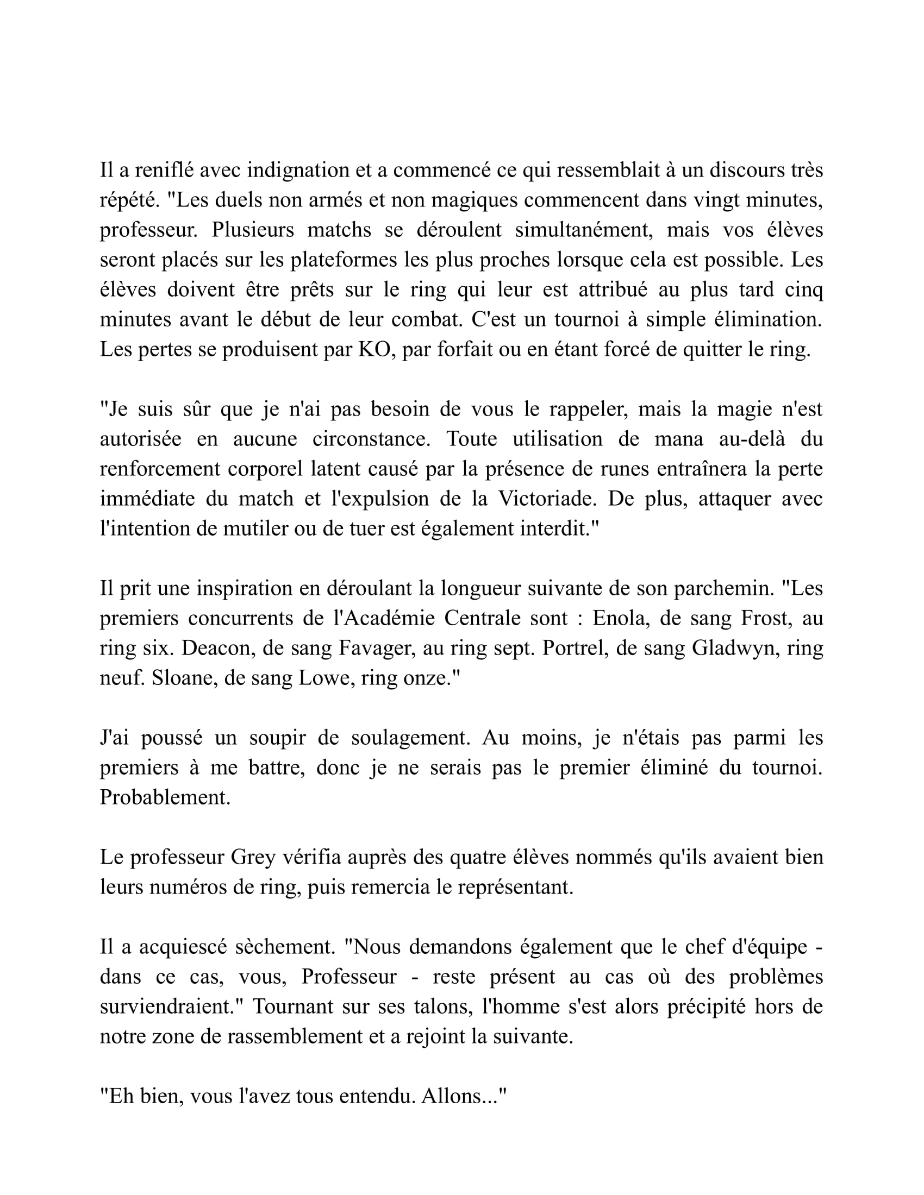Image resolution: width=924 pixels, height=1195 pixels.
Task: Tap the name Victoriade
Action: [546, 499]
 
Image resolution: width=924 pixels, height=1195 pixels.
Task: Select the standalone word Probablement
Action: [165, 798]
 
